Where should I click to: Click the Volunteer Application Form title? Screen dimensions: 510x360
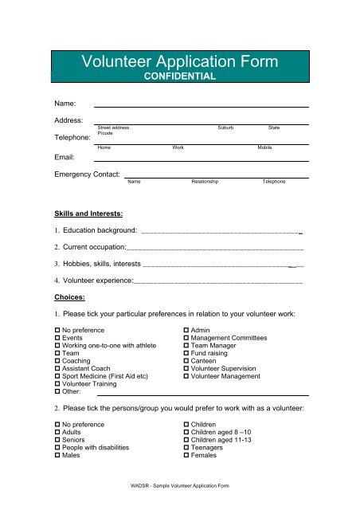[180, 61]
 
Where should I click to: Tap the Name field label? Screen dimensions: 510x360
[65, 104]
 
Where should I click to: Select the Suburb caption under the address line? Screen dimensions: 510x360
[226, 127]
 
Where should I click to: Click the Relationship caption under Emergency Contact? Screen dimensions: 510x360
[205, 182]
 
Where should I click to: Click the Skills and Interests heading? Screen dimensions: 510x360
[88, 214]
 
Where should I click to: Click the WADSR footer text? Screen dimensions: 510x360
[179, 485]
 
